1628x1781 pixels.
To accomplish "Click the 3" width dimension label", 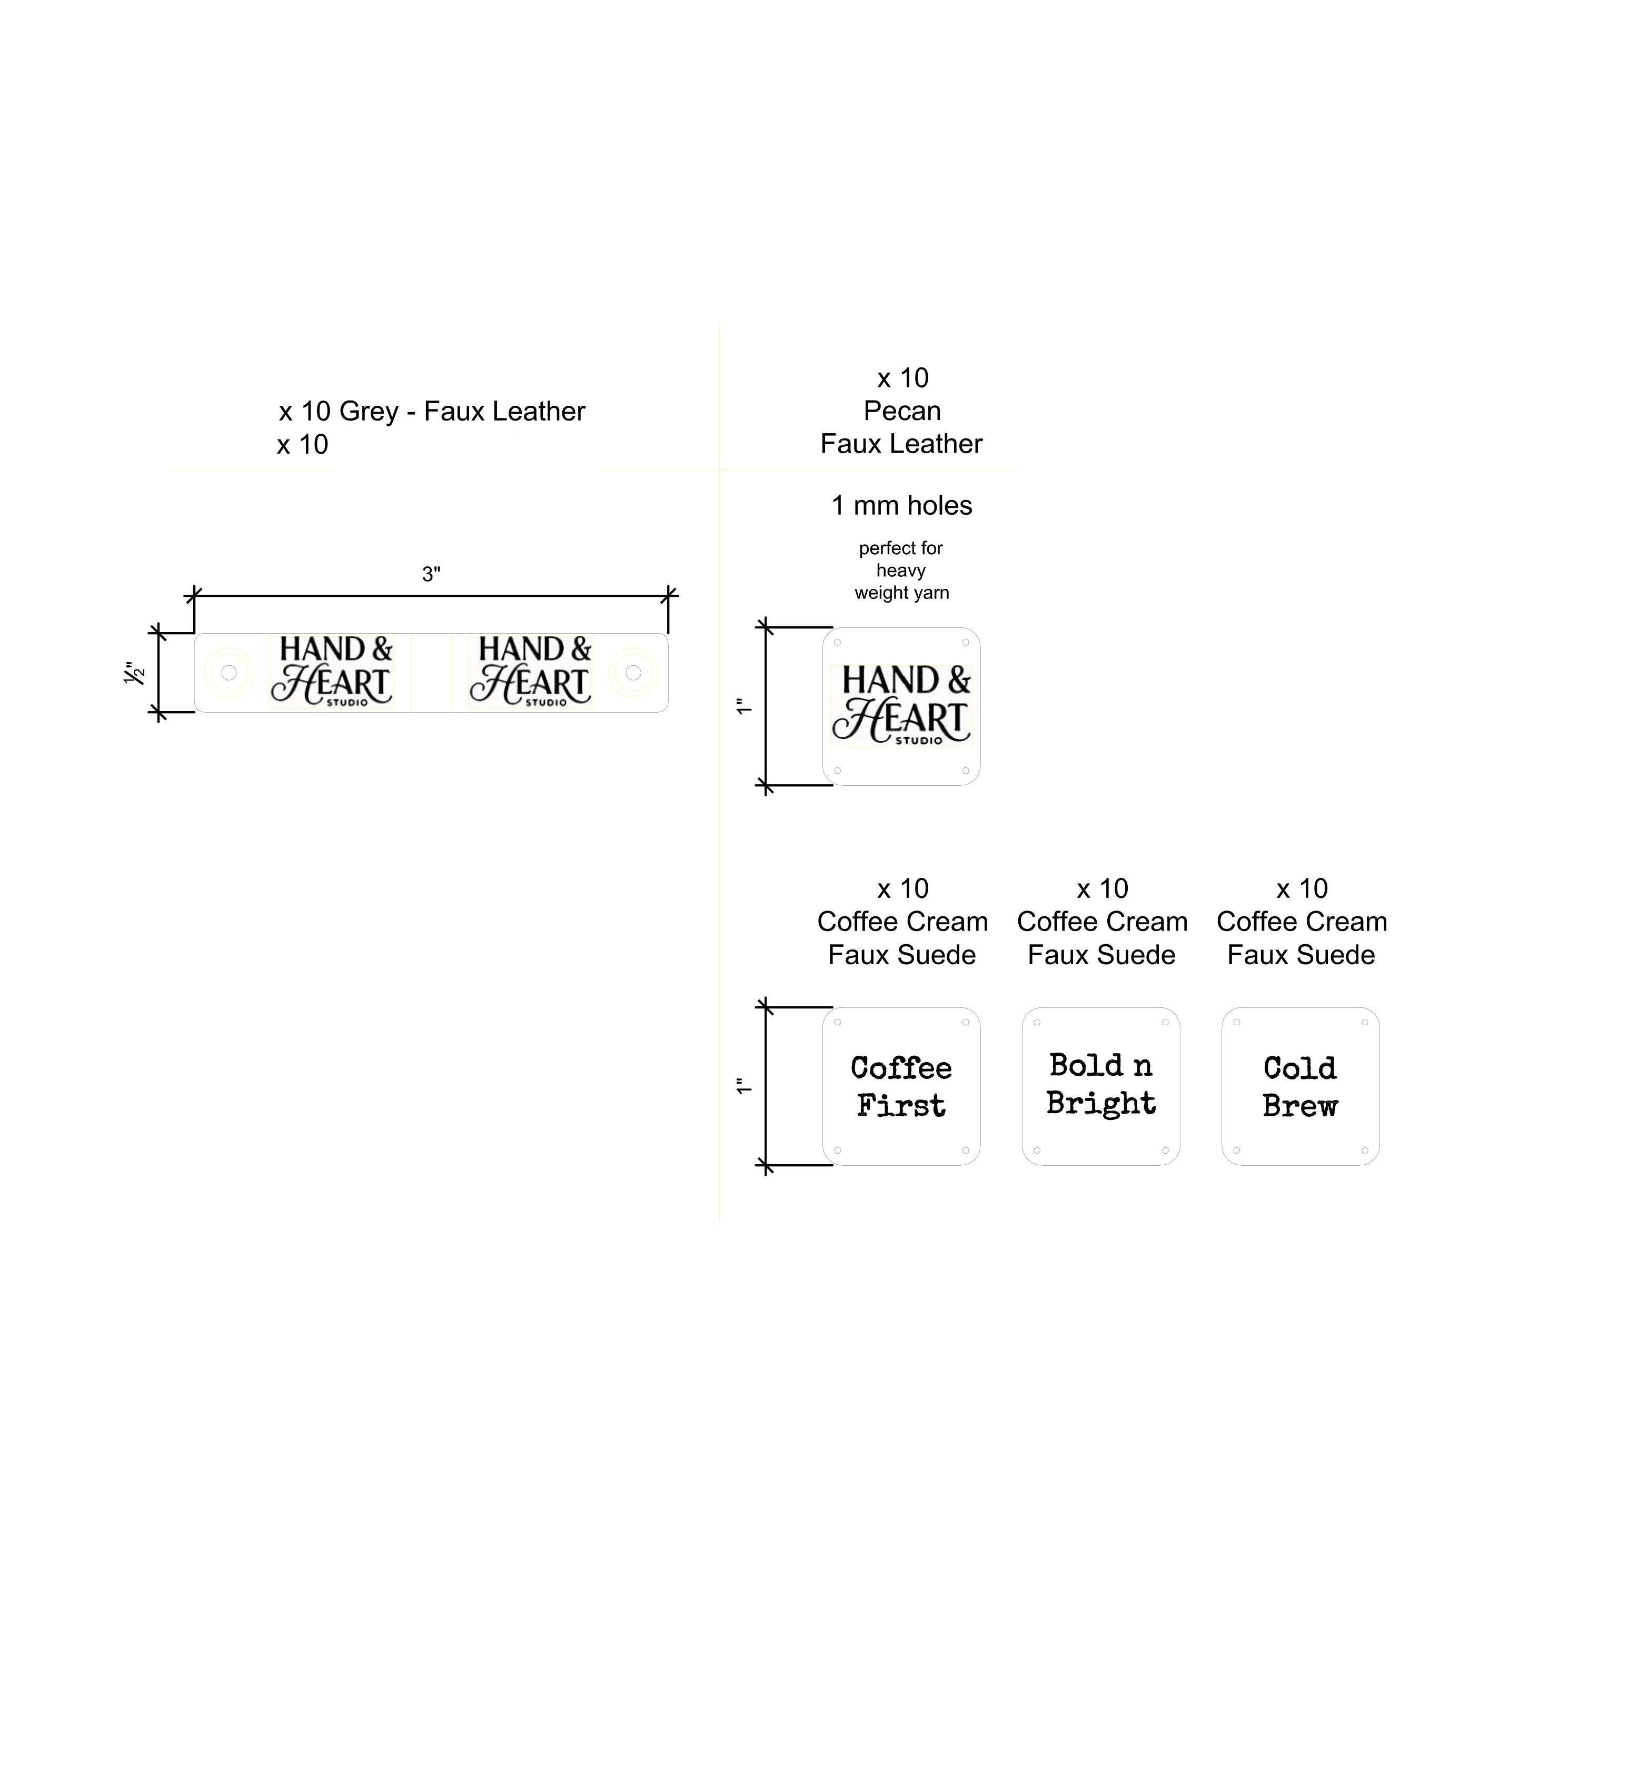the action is [x=431, y=575].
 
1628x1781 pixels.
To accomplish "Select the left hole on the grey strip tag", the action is [x=229, y=673].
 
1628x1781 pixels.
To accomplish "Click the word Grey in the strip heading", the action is [x=369, y=412].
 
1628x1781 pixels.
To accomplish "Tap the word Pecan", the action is [x=902, y=411].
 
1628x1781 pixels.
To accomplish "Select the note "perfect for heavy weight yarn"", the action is [x=901, y=571].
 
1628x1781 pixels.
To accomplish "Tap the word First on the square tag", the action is [x=901, y=1106].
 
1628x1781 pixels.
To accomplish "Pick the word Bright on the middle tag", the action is [x=1101, y=1104].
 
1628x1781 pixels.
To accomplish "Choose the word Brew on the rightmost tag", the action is [x=1300, y=1106].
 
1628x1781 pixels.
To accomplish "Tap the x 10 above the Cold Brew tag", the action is [x=1302, y=889].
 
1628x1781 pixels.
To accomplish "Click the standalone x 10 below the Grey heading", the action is [x=302, y=444].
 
